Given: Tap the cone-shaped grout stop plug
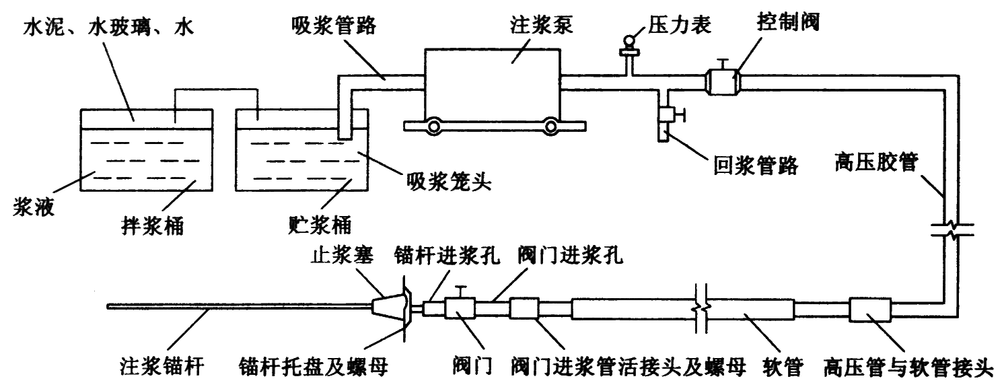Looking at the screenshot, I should click(x=386, y=304).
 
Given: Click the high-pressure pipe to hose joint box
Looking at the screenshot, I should click(x=870, y=310).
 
